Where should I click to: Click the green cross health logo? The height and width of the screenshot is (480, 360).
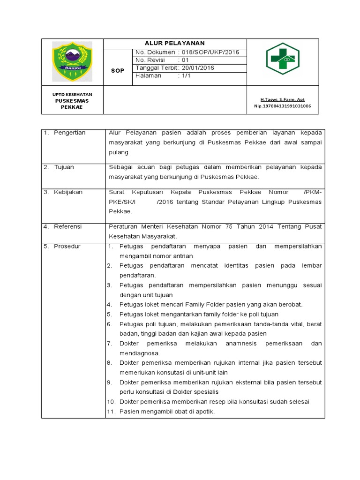[283, 59]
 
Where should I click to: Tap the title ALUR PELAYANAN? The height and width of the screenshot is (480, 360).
[174, 43]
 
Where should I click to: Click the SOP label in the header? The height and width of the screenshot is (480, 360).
[118, 70]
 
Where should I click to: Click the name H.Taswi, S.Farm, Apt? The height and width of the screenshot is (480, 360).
[282, 99]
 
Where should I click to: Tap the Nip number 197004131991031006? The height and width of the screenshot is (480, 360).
[282, 106]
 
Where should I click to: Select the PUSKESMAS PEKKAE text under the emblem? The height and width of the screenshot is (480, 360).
[72, 104]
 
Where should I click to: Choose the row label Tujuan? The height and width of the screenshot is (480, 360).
[64, 167]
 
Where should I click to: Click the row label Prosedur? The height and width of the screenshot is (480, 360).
[67, 246]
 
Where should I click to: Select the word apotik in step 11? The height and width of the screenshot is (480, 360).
[206, 412]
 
